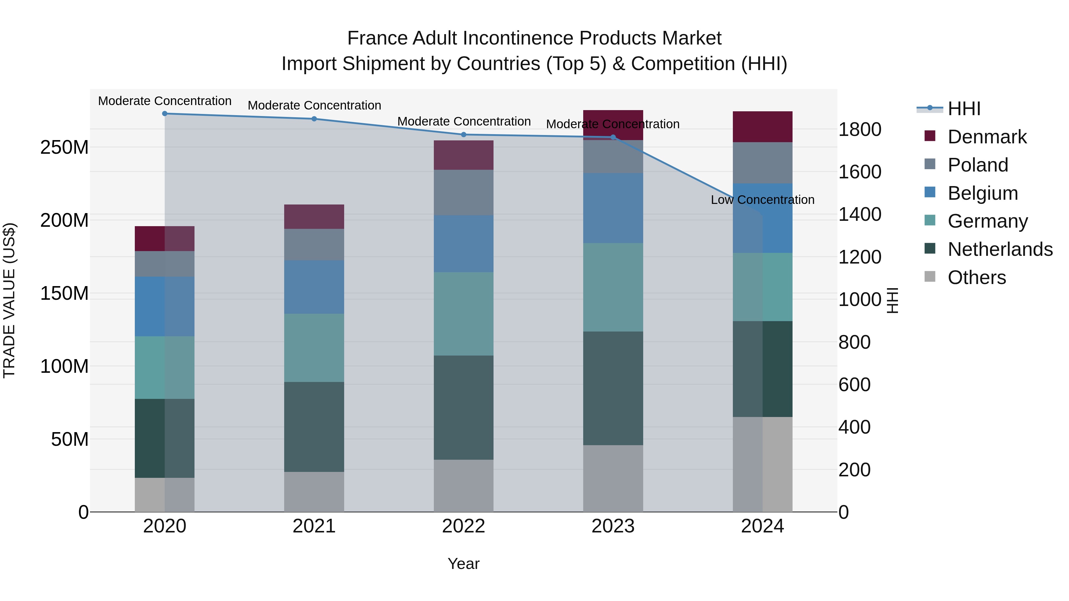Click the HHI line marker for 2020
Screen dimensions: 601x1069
pos(165,113)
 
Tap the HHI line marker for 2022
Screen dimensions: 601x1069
pos(464,134)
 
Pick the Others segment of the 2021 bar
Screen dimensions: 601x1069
pos(314,491)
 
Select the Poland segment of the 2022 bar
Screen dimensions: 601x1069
pos(464,192)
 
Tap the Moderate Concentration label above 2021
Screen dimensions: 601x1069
pos(314,105)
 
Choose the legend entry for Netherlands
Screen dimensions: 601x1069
pos(1000,249)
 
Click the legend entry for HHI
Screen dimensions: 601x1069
pos(964,109)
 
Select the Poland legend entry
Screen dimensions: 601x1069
pos(978,165)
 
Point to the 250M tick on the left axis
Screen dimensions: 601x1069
pos(64,147)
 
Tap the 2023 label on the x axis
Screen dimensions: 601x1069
pos(613,526)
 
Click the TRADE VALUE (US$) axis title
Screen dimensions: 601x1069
pos(9,300)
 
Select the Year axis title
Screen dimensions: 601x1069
pos(464,564)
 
